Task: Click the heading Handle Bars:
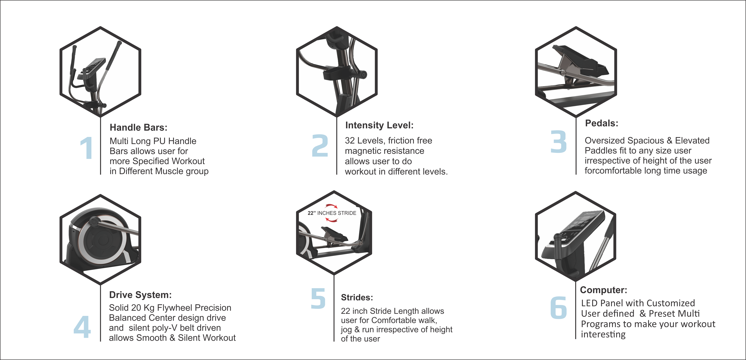coord(138,128)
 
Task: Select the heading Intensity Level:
coord(379,125)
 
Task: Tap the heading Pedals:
coord(601,123)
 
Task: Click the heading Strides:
coord(357,297)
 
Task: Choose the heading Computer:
coord(603,290)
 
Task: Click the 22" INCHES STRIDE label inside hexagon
coord(332,213)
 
